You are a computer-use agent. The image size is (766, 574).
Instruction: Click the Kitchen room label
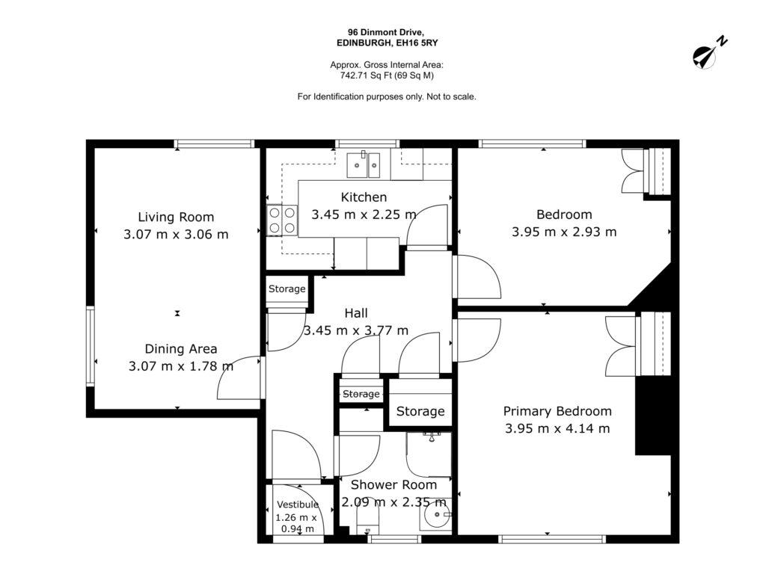(364, 197)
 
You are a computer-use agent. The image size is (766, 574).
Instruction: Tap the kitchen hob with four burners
(282, 220)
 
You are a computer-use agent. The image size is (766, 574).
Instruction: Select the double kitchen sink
(364, 165)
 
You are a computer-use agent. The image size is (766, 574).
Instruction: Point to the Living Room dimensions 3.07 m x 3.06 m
(176, 234)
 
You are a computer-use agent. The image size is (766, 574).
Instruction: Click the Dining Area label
(181, 348)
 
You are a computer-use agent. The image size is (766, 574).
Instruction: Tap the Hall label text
(356, 313)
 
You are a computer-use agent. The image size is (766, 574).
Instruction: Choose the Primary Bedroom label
(557, 412)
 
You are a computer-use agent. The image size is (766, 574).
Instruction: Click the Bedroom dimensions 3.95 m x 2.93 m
(564, 232)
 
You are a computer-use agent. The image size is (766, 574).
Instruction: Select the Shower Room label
(393, 484)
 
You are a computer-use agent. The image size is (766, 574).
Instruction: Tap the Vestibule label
(298, 504)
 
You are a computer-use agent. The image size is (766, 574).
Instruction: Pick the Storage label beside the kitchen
(287, 288)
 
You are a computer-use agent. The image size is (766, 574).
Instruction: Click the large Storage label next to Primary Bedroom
(420, 412)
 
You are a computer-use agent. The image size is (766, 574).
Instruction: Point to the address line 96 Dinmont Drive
(387, 31)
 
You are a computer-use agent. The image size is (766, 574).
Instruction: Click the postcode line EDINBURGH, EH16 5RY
(387, 43)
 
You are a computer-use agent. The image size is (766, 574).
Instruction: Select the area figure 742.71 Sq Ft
(363, 75)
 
